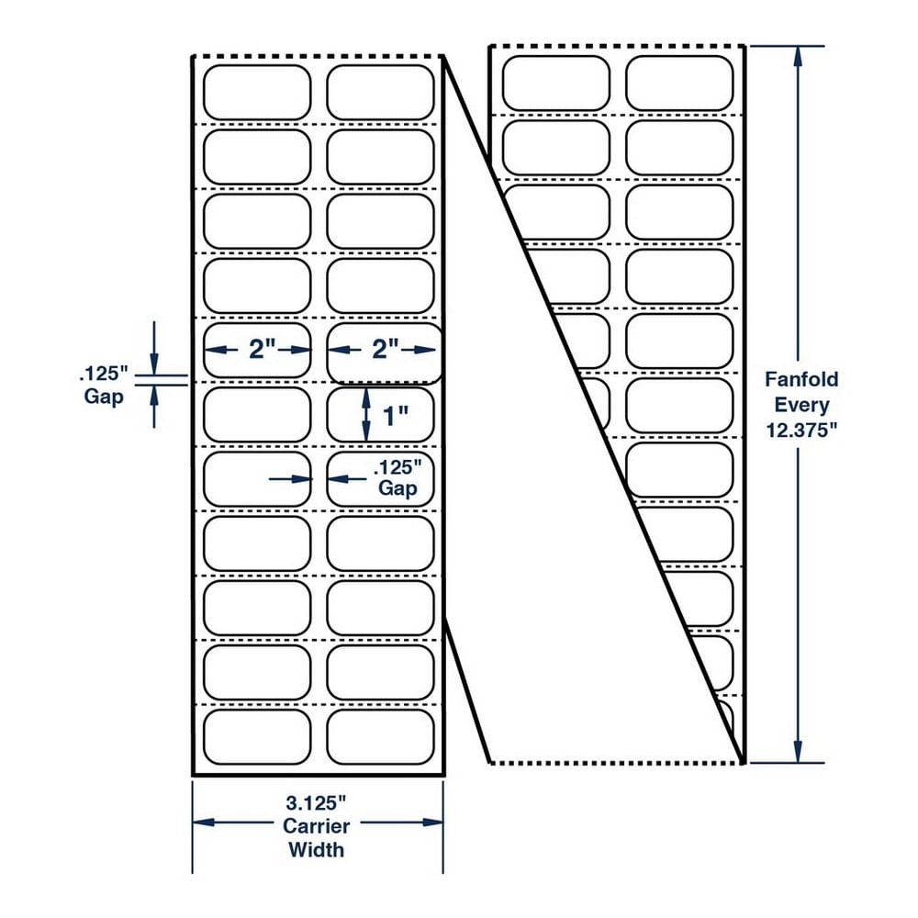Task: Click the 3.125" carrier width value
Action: (317, 800)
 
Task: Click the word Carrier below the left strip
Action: (317, 825)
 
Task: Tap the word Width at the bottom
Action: (317, 849)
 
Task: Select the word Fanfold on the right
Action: (802, 379)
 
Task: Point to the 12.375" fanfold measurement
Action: (802, 431)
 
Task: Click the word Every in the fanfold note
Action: (802, 405)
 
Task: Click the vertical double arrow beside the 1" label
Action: (366, 415)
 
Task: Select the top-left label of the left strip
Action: (257, 92)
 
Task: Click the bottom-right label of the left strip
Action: (380, 736)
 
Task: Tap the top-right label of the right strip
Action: (680, 83)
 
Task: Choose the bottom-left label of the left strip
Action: (257, 736)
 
